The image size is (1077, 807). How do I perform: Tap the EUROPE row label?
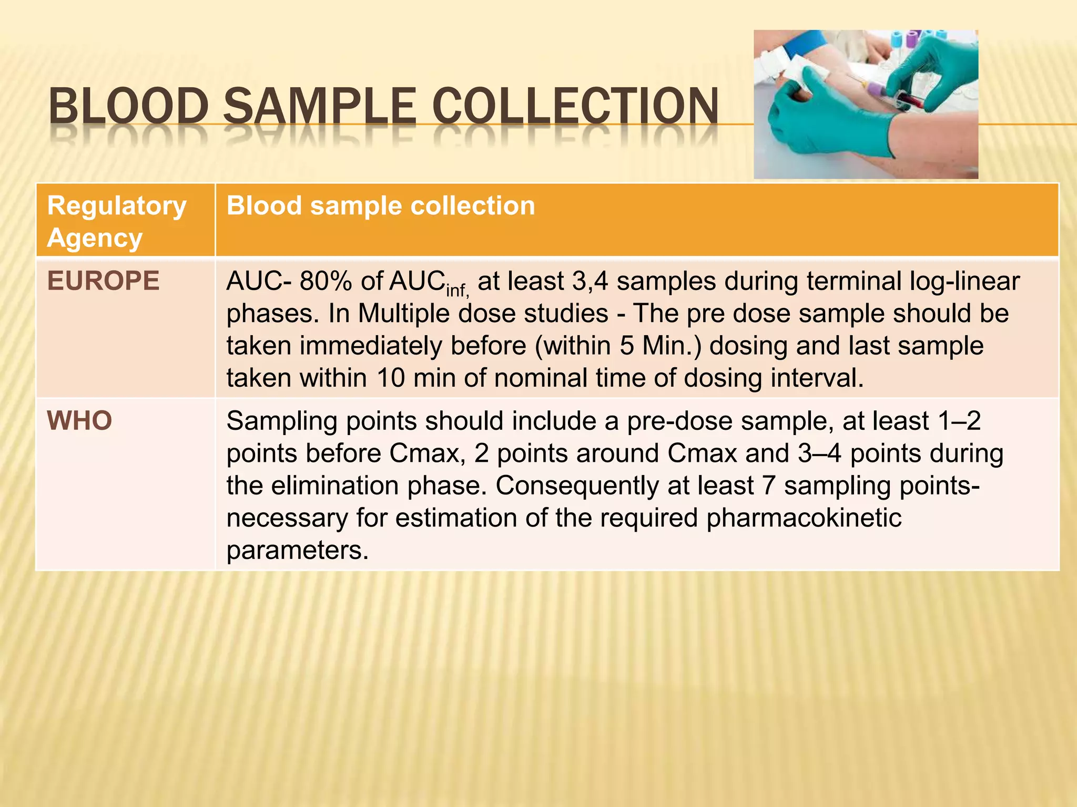(x=103, y=281)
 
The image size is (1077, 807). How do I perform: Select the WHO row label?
(x=79, y=421)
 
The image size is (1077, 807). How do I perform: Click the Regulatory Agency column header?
(x=117, y=221)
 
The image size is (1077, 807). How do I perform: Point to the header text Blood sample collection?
(x=380, y=205)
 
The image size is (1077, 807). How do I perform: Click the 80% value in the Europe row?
(x=326, y=281)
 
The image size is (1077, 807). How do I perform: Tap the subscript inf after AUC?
(x=456, y=289)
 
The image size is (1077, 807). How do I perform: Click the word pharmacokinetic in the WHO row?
(x=804, y=518)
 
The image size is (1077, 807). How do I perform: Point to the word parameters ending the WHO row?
(x=297, y=551)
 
